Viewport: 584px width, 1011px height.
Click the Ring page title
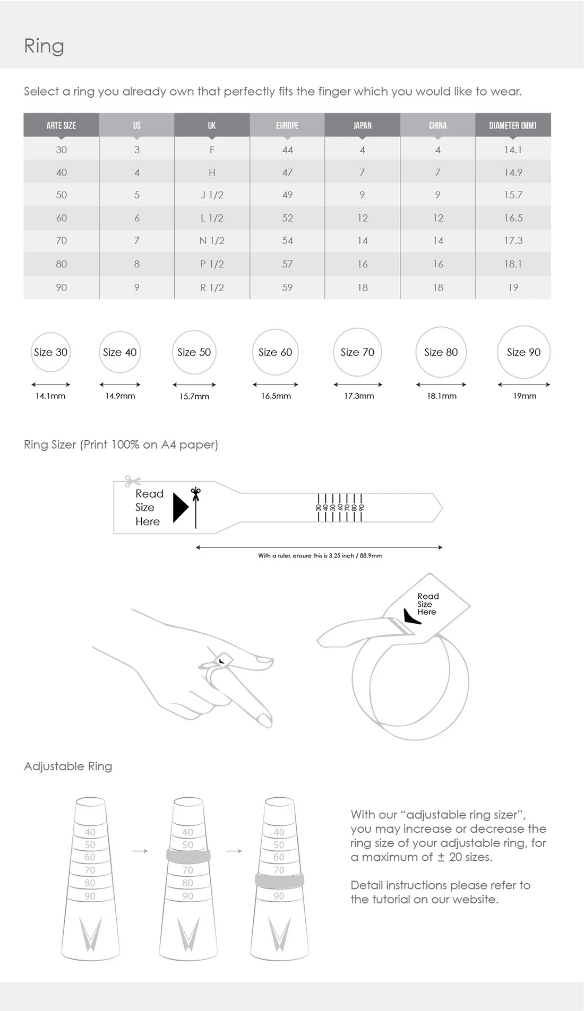point(44,46)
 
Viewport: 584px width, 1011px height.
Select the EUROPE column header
point(287,126)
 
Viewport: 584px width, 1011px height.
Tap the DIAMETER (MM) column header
point(513,126)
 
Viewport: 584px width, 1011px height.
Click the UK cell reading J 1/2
point(212,195)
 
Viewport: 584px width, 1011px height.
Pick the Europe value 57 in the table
point(287,264)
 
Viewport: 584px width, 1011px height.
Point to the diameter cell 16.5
point(513,218)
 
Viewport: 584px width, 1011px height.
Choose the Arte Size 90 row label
point(62,287)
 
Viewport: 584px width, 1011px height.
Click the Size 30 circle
point(51,352)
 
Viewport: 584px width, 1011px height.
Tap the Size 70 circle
point(357,352)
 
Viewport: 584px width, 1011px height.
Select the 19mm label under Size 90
point(525,396)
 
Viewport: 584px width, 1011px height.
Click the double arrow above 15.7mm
point(194,385)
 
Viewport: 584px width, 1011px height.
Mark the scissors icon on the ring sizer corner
point(132,481)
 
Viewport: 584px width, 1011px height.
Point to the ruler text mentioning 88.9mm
point(320,556)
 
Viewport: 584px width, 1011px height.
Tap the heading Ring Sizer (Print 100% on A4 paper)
point(121,445)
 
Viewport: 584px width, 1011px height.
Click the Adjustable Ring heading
point(68,766)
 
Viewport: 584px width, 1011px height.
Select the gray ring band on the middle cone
point(188,856)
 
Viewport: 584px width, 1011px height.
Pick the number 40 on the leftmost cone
point(90,832)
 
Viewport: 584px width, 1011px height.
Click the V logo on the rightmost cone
point(279,934)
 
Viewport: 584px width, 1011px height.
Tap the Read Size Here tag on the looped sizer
point(427,604)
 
